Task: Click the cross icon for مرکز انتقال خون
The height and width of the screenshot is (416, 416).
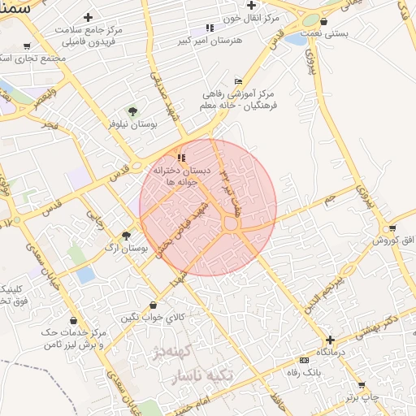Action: pos(252,5)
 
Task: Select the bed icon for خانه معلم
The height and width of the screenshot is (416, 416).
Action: pos(237,81)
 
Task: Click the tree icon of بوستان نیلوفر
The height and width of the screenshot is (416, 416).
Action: pos(132,111)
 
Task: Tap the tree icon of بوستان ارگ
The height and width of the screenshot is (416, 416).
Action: pos(126,236)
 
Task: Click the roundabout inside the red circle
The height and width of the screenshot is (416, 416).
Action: pos(232,223)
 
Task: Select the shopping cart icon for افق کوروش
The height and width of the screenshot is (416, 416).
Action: pos(392,228)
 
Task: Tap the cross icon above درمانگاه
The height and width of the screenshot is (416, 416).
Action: pos(330,340)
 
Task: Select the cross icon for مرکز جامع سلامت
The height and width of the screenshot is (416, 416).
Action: pos(89,17)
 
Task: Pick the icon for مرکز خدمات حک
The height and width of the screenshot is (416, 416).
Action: pos(74,320)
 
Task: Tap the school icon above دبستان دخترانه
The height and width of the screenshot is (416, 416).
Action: pos(181,158)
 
